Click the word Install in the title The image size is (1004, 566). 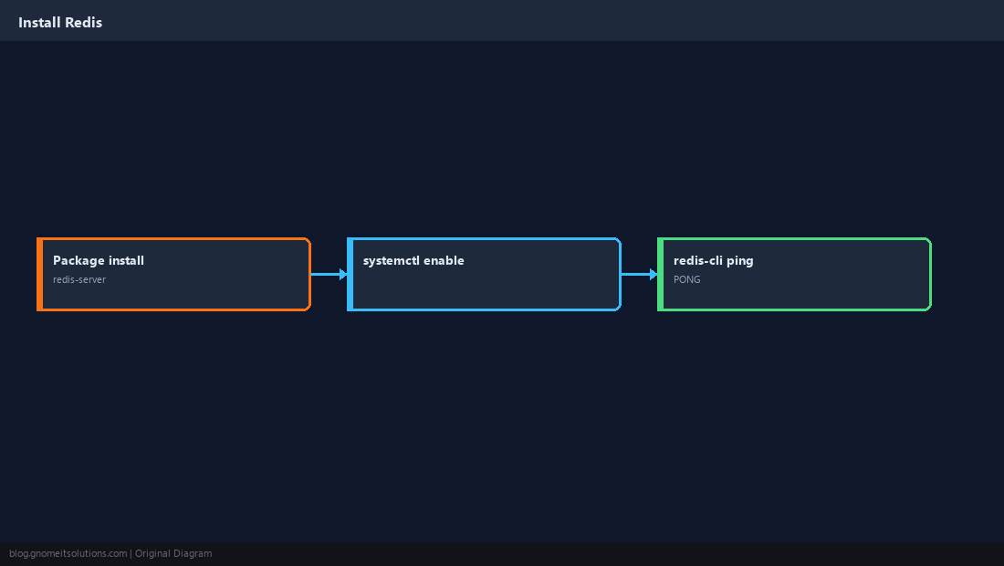pyautogui.click(x=39, y=23)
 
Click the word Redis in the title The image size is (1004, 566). pyautogui.click(x=84, y=23)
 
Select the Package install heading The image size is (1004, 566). pyautogui.click(x=99, y=260)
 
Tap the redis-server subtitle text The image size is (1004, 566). pyautogui.click(x=79, y=279)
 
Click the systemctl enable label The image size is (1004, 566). pyautogui.click(x=413, y=260)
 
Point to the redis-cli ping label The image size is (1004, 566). pyautogui.click(x=714, y=260)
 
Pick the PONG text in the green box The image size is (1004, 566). pyautogui.click(x=687, y=279)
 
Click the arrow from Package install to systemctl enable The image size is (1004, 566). pyautogui.click(x=329, y=274)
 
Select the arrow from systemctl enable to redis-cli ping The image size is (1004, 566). pyautogui.click(x=640, y=274)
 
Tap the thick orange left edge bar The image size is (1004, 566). pyautogui.click(x=39, y=274)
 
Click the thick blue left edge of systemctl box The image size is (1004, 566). pyautogui.click(x=350, y=274)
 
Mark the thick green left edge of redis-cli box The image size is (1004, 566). pyautogui.click(x=661, y=274)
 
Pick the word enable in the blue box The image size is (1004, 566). pyautogui.click(x=444, y=260)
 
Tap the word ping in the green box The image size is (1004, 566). pyautogui.click(x=740, y=261)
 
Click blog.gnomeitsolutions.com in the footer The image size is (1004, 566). pyautogui.click(x=68, y=554)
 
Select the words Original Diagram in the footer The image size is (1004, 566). pyautogui.click(x=173, y=554)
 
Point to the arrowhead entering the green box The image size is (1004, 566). pyautogui.click(x=654, y=274)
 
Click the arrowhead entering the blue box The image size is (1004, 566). pyautogui.click(x=343, y=274)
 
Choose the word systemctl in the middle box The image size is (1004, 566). pyautogui.click(x=392, y=260)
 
